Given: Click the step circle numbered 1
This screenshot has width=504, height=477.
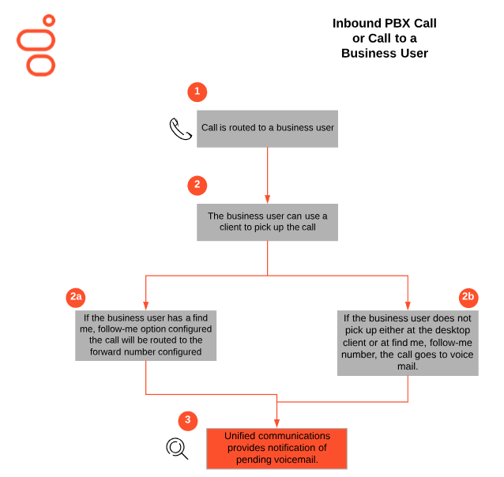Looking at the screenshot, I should click(x=197, y=92).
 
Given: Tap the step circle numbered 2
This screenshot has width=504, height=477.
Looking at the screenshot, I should click(x=197, y=186).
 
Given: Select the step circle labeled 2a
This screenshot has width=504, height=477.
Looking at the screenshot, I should click(x=76, y=297).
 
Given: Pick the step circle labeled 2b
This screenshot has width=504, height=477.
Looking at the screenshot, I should click(x=468, y=297).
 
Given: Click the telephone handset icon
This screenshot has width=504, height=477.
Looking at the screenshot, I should click(x=180, y=129).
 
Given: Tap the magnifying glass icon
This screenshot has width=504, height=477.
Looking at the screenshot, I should click(x=177, y=449).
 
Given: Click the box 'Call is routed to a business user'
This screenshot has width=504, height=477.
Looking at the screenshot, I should click(x=267, y=128).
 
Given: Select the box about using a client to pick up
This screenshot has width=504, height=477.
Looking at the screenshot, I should click(x=267, y=222).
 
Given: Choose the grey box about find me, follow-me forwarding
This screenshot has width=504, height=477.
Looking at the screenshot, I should click(x=145, y=334).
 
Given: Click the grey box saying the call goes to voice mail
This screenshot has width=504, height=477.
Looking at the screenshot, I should click(x=408, y=340).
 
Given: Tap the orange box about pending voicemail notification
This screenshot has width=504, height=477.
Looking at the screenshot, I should click(x=277, y=448).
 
